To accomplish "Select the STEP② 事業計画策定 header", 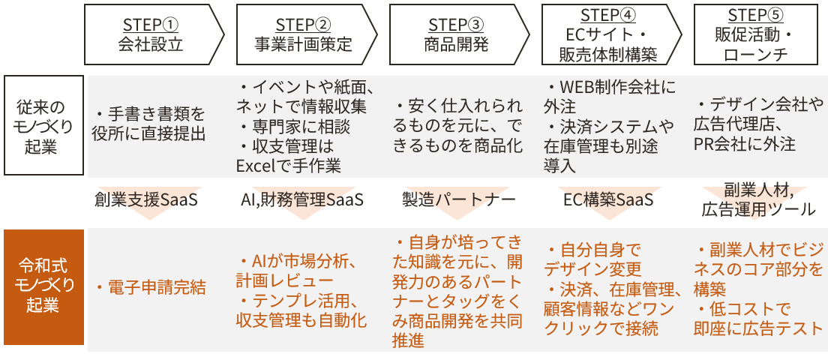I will coord(304,34).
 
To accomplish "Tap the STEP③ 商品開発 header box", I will coord(456,34).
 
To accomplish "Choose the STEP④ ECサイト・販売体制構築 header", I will coord(608,34).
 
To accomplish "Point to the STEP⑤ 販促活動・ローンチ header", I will coord(756,34).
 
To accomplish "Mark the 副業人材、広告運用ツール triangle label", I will coord(758,199).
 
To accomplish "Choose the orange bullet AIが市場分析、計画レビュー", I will coord(300,270).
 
